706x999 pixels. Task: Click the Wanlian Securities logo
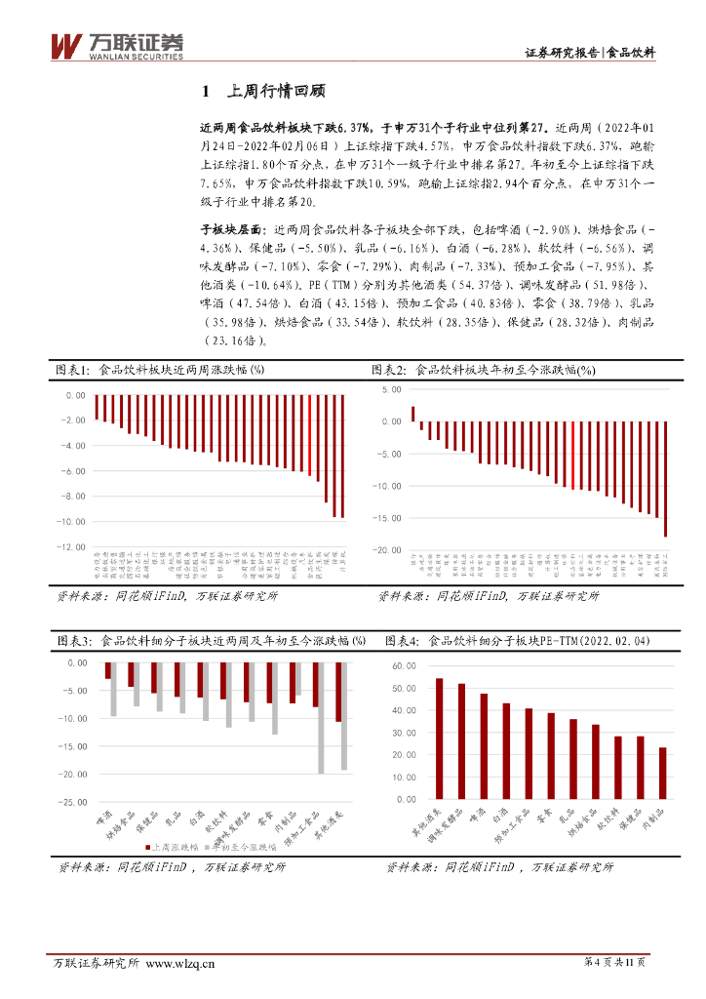[x=116, y=45]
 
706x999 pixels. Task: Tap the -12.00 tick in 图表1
[x=73, y=547]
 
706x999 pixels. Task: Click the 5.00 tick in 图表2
[x=392, y=389]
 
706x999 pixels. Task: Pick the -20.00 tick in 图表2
[x=389, y=550]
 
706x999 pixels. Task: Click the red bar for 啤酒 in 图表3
[x=108, y=671]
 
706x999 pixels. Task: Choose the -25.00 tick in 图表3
[x=73, y=802]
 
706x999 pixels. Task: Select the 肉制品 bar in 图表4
[x=664, y=774]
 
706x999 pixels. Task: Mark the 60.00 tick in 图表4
[x=403, y=664]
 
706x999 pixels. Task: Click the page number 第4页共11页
[x=614, y=963]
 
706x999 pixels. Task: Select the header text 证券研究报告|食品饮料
[x=590, y=53]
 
